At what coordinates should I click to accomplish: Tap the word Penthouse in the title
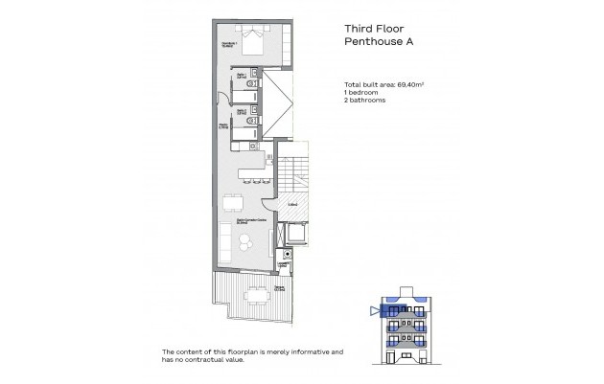(368, 43)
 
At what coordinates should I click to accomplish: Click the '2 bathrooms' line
(366, 101)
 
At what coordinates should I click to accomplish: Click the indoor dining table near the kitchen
(231, 202)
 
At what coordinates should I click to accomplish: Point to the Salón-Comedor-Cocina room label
(253, 221)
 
